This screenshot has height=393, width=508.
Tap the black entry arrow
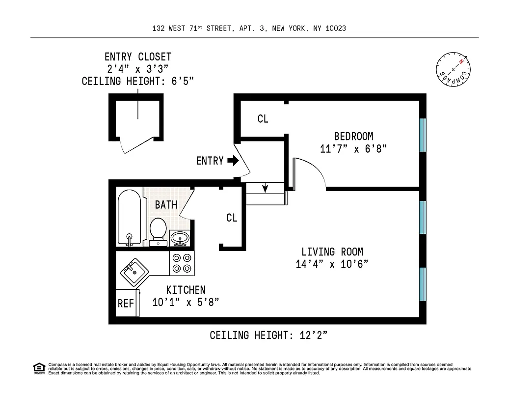point(233,161)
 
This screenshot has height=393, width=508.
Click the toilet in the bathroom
point(158,231)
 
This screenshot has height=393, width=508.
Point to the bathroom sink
point(181,238)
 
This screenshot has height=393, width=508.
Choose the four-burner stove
point(182,263)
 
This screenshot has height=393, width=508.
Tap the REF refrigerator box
point(126,304)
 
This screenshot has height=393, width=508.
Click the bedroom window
point(422,135)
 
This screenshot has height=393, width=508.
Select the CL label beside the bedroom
point(263,119)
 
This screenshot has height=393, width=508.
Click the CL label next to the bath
point(232,218)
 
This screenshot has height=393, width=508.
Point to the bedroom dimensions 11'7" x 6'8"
point(353,149)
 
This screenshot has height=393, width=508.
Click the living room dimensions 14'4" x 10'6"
point(332,264)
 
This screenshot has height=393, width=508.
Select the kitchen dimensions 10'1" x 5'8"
point(186,303)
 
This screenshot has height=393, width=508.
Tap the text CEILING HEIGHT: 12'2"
point(268,336)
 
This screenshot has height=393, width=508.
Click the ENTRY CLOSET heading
point(138,57)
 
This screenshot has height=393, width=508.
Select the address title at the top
point(249,28)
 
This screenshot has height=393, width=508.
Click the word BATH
point(166,205)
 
